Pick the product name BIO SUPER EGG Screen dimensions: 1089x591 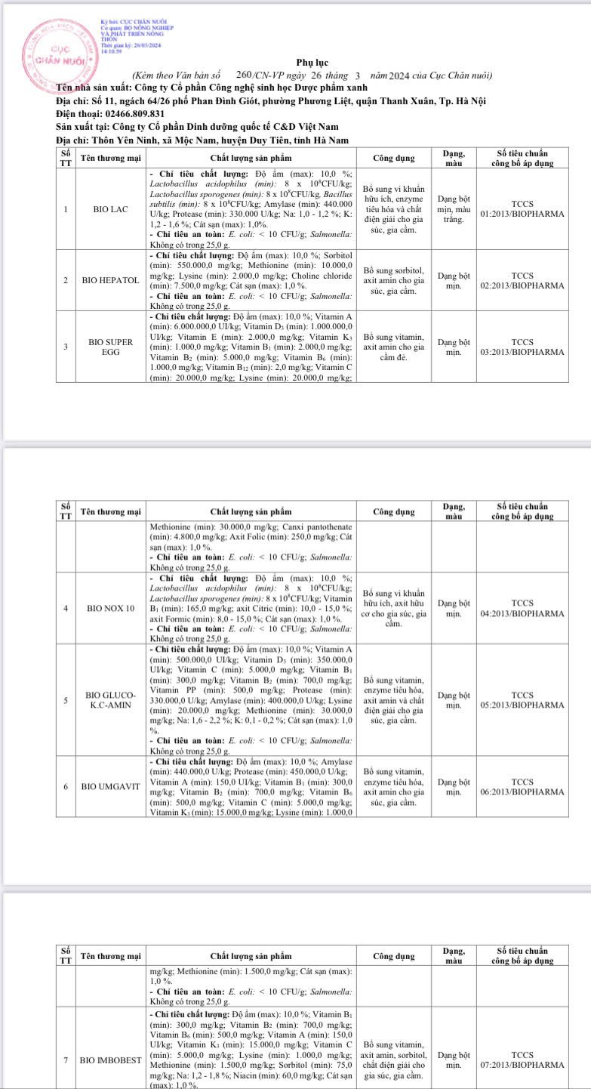(110, 347)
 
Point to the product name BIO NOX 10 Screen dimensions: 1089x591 (110, 608)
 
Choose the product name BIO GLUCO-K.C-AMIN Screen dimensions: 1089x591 (110, 699)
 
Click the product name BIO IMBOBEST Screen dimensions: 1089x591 (110, 1060)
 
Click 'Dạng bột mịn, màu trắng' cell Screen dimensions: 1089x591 (454, 208)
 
